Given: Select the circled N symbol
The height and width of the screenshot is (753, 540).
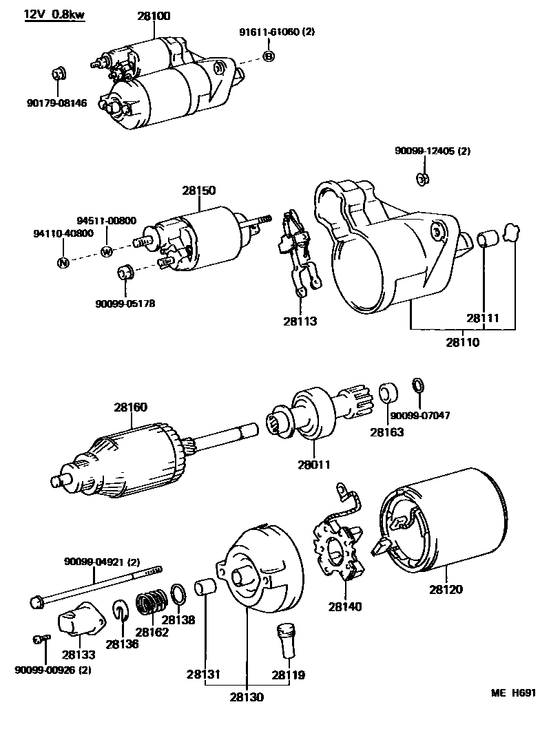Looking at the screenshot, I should [62, 262].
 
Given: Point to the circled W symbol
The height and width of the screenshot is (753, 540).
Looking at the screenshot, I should [107, 251].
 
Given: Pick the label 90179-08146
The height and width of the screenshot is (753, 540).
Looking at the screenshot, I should [57, 103].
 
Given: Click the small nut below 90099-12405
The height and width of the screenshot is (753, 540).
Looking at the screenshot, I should [422, 180].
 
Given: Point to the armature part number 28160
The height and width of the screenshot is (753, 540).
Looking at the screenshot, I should [130, 407].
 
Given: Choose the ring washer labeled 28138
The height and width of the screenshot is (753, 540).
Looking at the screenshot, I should [177, 592].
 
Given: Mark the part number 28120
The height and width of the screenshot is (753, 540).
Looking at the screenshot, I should [446, 589].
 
